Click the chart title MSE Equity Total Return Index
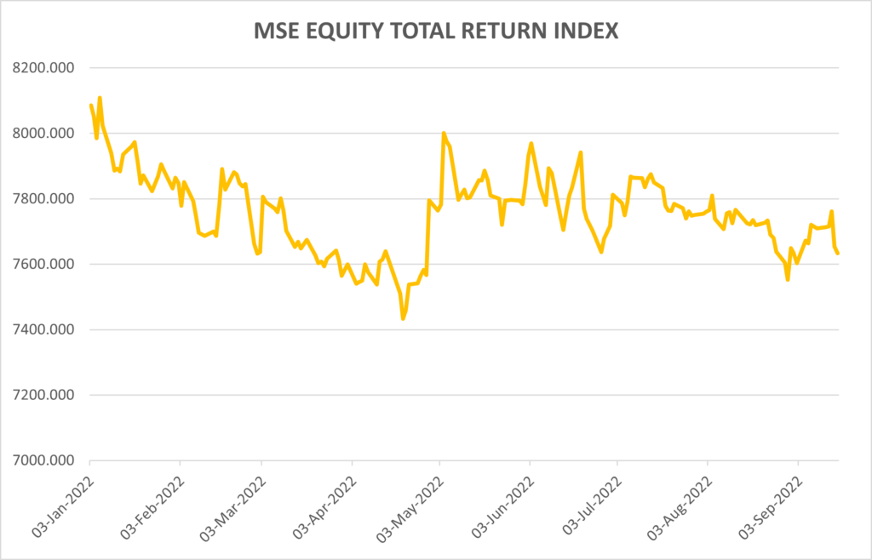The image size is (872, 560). [436, 31]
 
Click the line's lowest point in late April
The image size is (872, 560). [403, 318]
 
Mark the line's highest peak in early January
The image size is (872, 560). [100, 98]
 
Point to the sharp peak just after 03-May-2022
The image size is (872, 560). [444, 133]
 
